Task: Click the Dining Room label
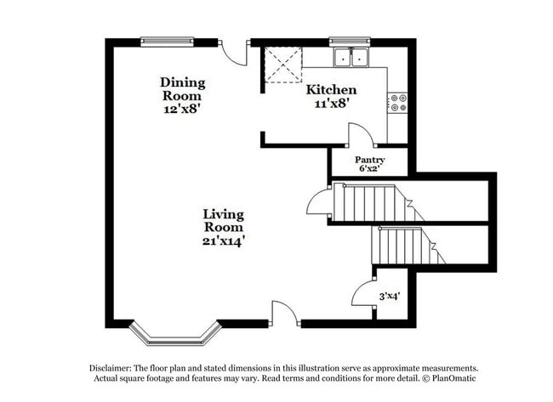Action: [183, 89]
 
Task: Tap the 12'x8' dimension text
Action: [183, 109]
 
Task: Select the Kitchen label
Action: [331, 90]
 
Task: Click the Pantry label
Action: [370, 160]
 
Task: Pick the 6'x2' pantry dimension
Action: [370, 169]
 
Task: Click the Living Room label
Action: [224, 221]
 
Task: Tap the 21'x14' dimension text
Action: [224, 241]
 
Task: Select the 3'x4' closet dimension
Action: [391, 297]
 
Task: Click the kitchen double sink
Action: [351, 58]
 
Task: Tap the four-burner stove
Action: [396, 103]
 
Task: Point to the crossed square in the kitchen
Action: [283, 64]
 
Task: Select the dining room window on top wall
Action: [167, 41]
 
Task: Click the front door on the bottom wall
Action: [284, 314]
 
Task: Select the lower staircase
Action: [403, 245]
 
